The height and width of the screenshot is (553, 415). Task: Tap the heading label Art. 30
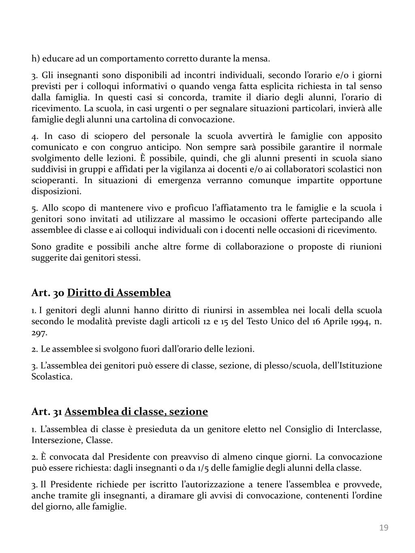tap(48, 293)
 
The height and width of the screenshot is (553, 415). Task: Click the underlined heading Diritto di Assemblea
tap(119, 293)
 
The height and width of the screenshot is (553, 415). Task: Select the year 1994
tap(355, 322)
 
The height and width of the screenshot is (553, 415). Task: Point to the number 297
tap(39, 333)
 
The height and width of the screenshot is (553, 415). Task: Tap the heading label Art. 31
tap(47, 412)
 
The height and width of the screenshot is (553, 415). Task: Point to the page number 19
tap(384, 527)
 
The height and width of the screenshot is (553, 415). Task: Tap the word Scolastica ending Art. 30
tap(52, 377)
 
